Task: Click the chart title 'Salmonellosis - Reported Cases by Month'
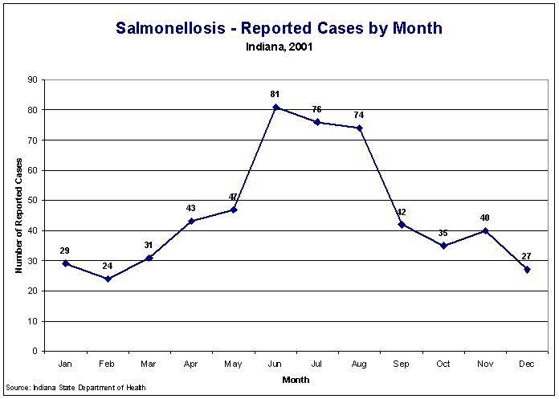279,28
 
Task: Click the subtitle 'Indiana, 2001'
279,47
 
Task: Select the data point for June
275,107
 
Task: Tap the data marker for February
108,279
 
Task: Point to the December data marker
528,270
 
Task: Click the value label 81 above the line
275,95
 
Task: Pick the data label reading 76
316,109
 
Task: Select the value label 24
107,266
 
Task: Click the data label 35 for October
443,233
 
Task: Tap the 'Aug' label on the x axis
359,364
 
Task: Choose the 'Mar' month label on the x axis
149,364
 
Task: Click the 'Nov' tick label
485,364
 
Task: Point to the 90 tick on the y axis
33,79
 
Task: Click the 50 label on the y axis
33,200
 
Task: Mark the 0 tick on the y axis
35,351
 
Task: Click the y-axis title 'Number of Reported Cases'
18,215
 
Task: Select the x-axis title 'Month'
296,380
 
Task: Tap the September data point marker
402,224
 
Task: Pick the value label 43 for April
191,208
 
